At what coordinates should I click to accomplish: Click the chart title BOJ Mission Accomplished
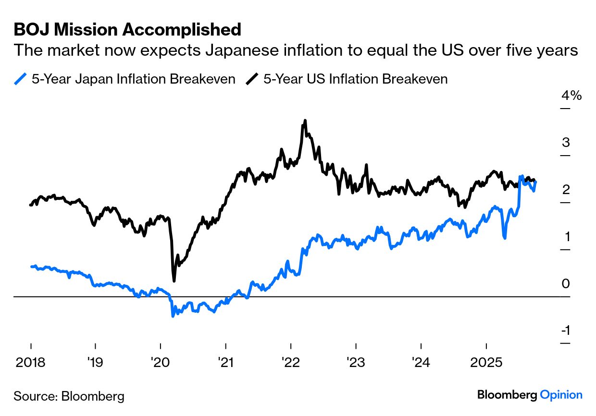point(127,30)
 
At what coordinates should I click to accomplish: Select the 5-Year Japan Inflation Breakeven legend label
point(133,79)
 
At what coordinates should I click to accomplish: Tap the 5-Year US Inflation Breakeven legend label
point(355,79)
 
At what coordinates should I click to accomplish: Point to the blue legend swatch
point(21,79)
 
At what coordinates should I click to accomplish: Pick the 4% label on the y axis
point(571,96)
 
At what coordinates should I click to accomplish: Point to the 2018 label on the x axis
point(31,362)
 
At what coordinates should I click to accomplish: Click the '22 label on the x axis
point(290,362)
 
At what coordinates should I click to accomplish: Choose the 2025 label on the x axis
point(486,362)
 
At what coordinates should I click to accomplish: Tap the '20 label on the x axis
point(160,362)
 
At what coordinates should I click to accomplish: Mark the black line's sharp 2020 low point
point(174,281)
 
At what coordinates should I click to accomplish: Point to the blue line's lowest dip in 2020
point(173,316)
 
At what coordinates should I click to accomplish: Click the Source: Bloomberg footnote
point(69,396)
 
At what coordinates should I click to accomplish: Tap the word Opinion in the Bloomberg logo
point(561,395)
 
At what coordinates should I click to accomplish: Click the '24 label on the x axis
point(421,362)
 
